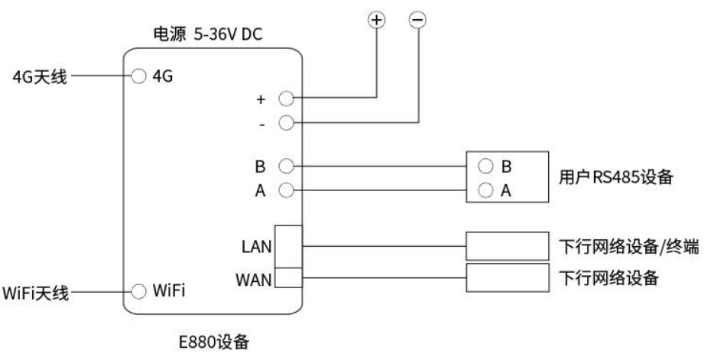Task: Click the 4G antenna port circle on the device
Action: [138, 76]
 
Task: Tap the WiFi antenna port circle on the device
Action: [138, 291]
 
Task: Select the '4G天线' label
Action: [39, 77]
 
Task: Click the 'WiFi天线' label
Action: [36, 293]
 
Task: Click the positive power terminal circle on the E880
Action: [286, 99]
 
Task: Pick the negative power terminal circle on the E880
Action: [286, 122]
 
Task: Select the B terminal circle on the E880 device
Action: [286, 165]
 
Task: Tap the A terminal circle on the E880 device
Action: [286, 190]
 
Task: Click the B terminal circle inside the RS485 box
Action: [485, 165]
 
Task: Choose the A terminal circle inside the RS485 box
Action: [485, 190]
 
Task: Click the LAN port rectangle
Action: [289, 246]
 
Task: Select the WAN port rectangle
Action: [289, 277]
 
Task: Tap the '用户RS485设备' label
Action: [616, 177]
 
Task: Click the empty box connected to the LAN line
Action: [508, 246]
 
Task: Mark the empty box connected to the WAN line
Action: [508, 276]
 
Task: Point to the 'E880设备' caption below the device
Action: [213, 342]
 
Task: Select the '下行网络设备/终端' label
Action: [629, 246]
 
